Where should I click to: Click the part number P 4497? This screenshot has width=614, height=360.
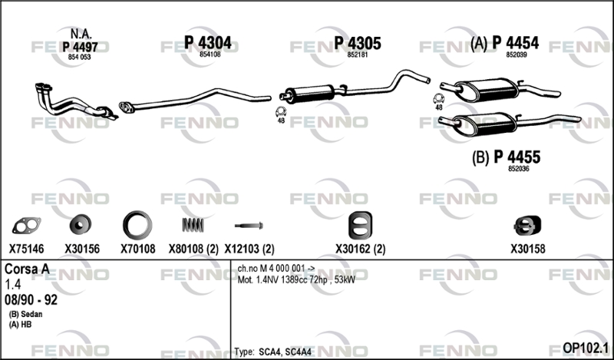80,47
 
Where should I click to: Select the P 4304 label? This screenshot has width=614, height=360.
207,43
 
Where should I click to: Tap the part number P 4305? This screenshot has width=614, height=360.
358,43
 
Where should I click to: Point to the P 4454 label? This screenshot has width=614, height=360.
515,43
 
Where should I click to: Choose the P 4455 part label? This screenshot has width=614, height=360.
517,157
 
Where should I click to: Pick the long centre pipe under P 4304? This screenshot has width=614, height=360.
195,100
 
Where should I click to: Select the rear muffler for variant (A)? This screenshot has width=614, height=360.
487,90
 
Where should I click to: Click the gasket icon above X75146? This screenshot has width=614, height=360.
26,225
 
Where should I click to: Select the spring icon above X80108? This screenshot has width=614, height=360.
193,225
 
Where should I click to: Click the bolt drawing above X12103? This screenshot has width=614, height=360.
249,226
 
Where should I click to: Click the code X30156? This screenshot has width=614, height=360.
82,249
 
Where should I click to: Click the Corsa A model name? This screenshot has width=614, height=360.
27,269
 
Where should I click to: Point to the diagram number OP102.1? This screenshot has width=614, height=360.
586,348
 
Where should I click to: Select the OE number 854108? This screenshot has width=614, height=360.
210,54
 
